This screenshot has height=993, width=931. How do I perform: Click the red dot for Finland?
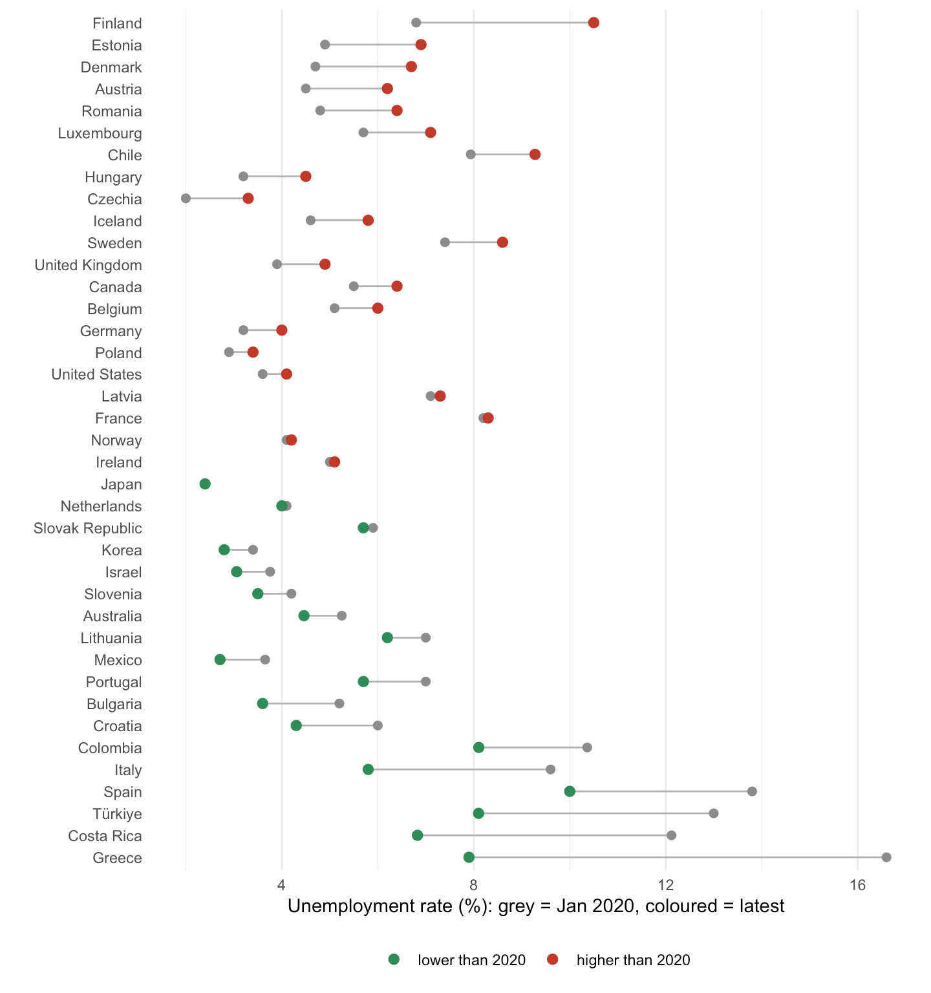click(594, 23)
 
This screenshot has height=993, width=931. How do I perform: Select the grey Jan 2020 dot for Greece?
click(886, 857)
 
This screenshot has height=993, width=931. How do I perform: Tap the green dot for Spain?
click(570, 791)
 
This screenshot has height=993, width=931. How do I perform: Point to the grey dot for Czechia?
click(186, 198)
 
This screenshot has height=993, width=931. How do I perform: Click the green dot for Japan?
click(205, 484)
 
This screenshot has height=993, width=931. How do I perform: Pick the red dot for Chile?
click(535, 155)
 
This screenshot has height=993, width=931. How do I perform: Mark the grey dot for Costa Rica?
click(671, 835)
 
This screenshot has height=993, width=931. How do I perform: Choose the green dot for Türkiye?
click(478, 813)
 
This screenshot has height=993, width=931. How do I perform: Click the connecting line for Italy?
click(459, 769)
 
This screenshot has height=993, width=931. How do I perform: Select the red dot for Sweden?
click(502, 242)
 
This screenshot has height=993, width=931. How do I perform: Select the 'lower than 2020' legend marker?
click(394, 959)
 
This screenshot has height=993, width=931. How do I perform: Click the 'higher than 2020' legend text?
click(634, 960)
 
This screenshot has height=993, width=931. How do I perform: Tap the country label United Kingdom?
click(89, 265)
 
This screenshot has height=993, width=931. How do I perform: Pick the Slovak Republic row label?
click(88, 528)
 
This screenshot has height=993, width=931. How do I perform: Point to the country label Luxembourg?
click(100, 133)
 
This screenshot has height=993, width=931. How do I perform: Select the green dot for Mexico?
click(220, 659)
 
